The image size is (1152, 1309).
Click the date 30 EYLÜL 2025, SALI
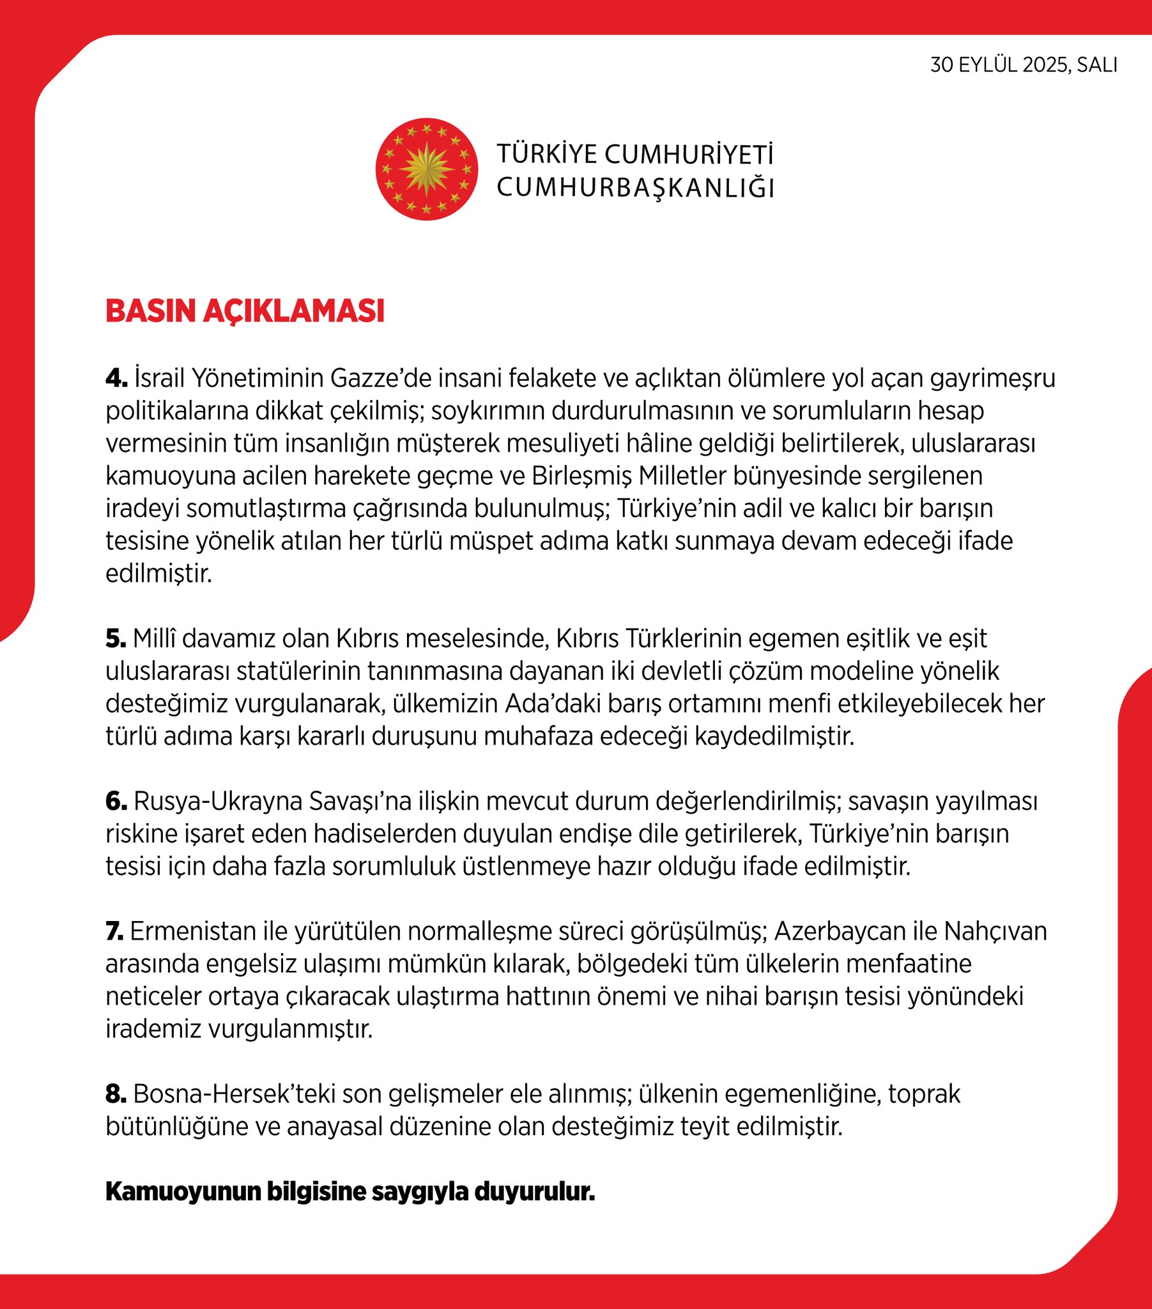1024,65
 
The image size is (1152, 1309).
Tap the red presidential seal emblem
426,169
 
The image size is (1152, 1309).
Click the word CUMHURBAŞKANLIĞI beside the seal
635,188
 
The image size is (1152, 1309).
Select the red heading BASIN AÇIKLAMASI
245,311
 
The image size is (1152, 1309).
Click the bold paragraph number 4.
116,378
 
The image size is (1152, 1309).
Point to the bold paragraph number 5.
116,639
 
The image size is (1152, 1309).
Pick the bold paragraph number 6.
116,801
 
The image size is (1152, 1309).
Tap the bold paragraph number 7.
114,931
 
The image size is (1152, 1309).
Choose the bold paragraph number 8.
116,1094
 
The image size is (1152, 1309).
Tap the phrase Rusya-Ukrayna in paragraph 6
217,801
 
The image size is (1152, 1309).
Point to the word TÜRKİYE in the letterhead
546,154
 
